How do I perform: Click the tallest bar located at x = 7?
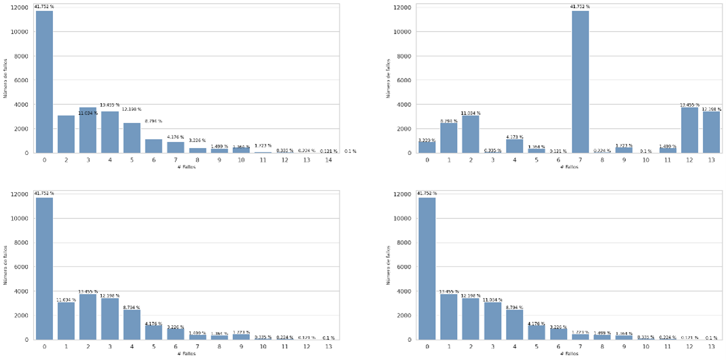click(580, 82)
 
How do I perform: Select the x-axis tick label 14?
click(328, 159)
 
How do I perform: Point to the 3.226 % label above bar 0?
click(426, 139)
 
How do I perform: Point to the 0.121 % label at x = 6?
click(558, 151)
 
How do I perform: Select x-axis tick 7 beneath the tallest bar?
click(580, 159)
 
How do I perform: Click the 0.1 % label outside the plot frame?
click(350, 151)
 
